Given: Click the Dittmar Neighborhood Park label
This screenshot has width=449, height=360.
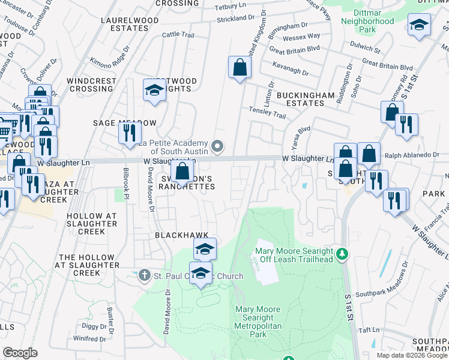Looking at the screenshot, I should (367, 22).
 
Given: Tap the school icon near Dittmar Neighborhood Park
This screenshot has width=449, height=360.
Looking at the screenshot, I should (418, 25).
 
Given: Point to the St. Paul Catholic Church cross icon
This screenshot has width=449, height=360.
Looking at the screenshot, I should (143, 276).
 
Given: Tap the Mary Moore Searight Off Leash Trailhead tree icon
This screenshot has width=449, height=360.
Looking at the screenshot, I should (342, 255).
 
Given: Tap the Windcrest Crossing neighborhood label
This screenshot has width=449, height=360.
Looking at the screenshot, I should (90, 85).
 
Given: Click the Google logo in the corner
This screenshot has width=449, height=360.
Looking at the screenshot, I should (20, 353).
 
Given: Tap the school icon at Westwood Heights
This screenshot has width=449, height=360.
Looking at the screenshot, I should (154, 90).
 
